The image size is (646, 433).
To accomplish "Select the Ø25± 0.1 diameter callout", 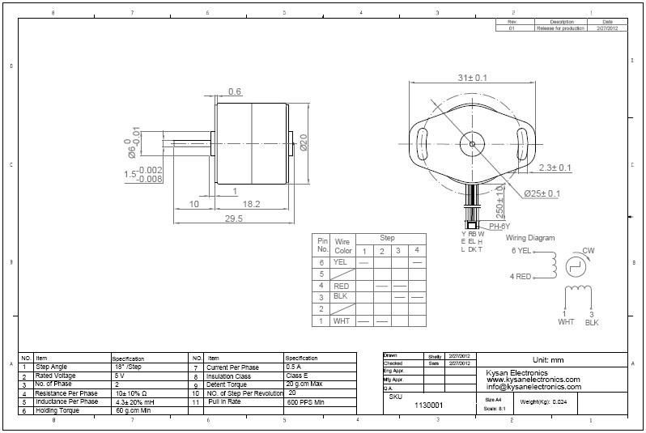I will click(x=543, y=193).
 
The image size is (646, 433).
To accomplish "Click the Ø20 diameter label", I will click(x=303, y=143).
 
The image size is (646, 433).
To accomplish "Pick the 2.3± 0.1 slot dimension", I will click(x=555, y=168).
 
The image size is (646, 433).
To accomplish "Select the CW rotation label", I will click(x=589, y=250).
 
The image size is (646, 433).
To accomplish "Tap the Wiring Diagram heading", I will click(x=530, y=238).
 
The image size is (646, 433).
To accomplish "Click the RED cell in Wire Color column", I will click(x=341, y=286).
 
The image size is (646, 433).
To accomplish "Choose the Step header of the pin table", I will click(x=387, y=238).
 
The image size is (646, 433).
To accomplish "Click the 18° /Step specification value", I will click(x=130, y=367).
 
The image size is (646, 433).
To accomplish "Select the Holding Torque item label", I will click(x=57, y=410).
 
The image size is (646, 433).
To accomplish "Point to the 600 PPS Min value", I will click(x=306, y=401).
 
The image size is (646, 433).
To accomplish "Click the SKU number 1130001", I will click(x=428, y=404).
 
